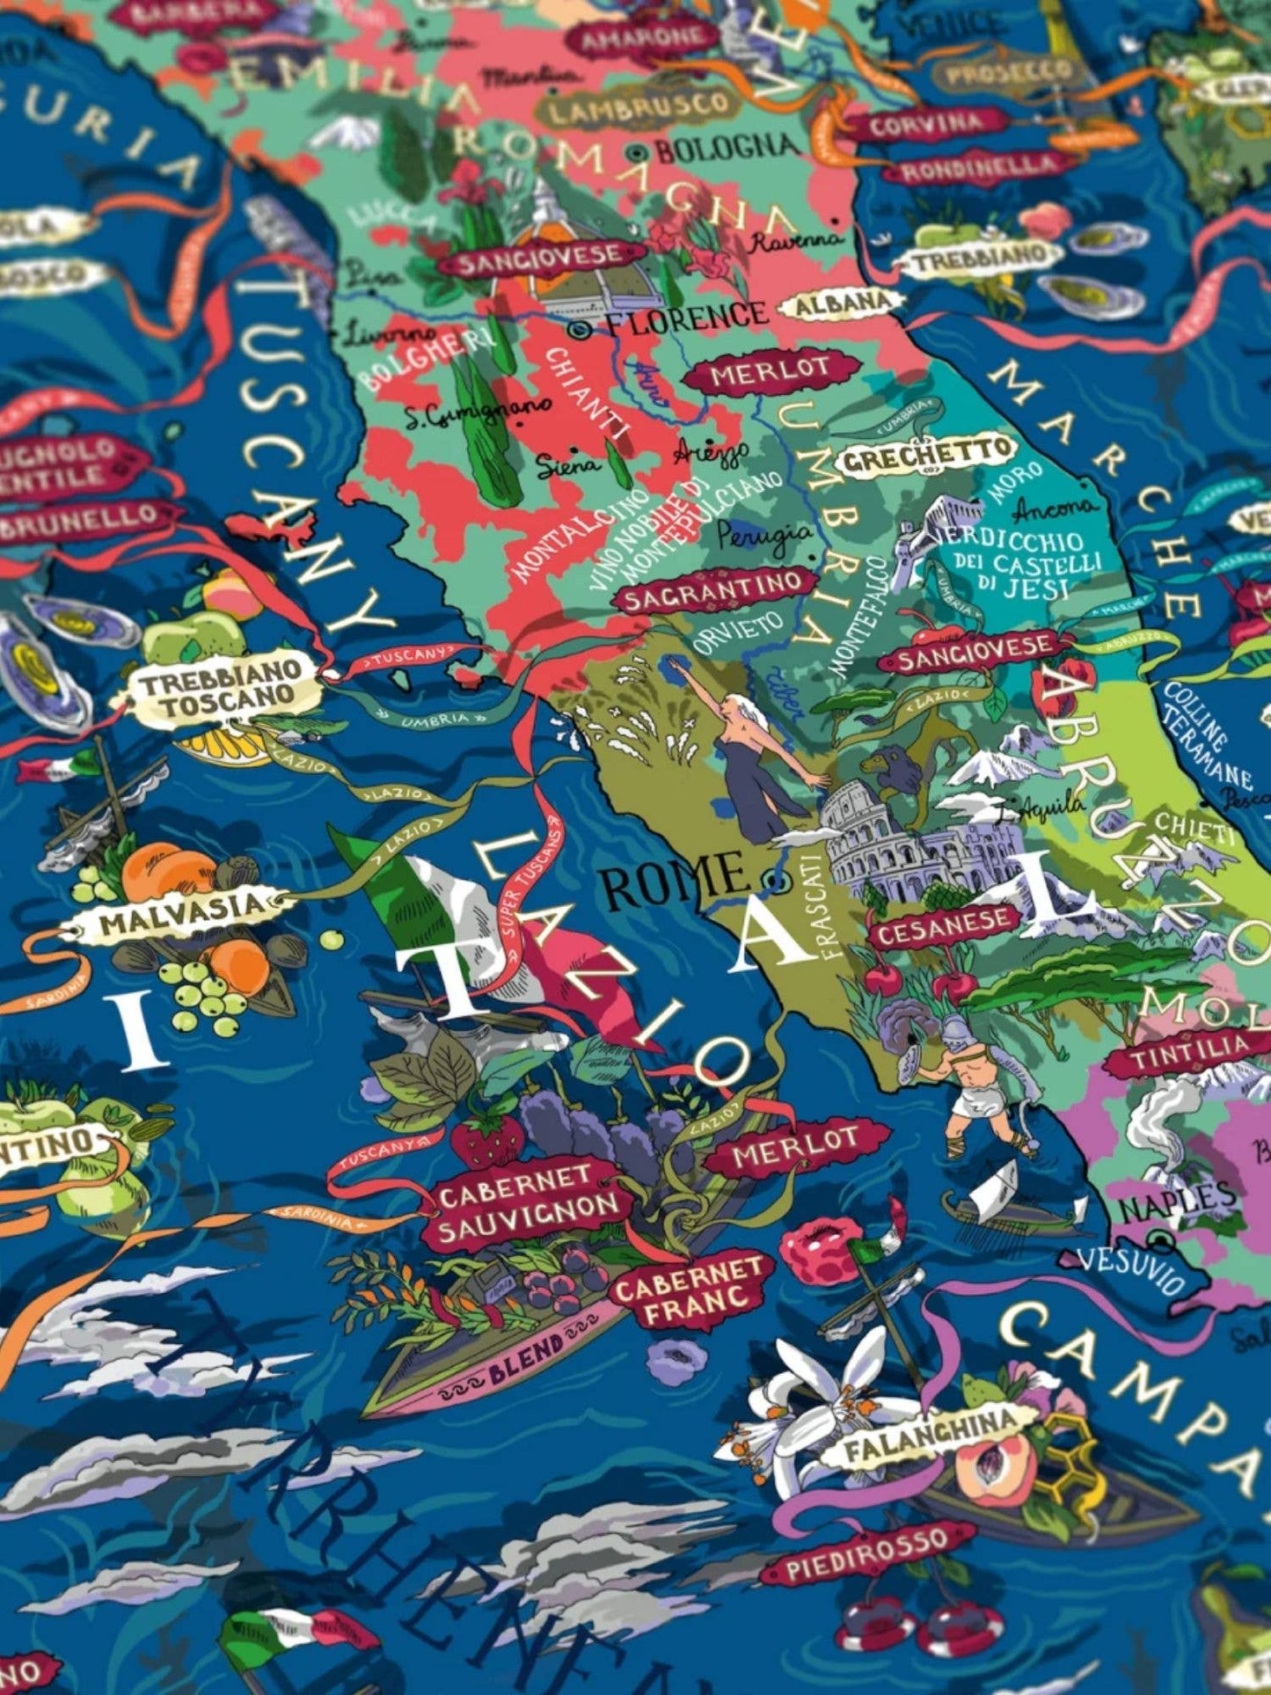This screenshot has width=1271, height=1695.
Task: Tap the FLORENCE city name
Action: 687,316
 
